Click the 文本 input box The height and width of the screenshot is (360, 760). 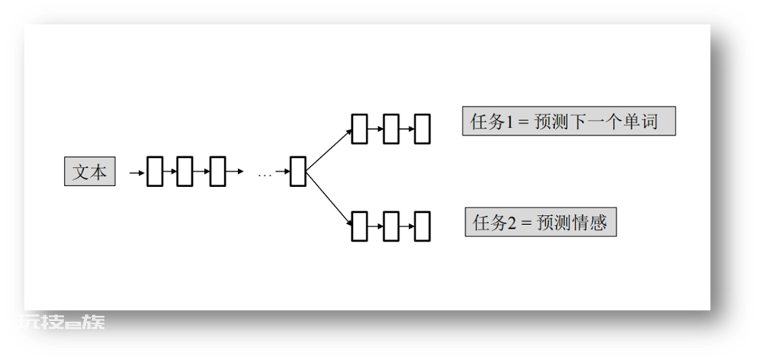pos(90,172)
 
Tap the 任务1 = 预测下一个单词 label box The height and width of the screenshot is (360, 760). pos(569,121)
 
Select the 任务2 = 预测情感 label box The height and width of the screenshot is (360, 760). pos(540,222)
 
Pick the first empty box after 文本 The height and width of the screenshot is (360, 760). pos(155,172)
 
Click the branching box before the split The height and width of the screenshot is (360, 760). pos(298,172)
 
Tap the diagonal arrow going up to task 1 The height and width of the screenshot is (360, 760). pos(329,149)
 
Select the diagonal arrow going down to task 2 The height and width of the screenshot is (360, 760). pos(329,198)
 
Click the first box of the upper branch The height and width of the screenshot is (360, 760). pos(359,129)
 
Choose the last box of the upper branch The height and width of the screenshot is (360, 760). pos(422,129)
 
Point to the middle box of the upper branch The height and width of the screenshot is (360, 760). pos(391,129)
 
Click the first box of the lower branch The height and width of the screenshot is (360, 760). pos(359,226)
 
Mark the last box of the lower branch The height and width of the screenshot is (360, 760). pos(422,226)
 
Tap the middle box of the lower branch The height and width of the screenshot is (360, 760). pos(391,226)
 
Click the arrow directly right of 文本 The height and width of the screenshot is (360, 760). pos(137,172)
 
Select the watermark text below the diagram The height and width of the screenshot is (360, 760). pos(62,322)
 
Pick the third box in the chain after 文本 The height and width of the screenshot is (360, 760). pos(217,172)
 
